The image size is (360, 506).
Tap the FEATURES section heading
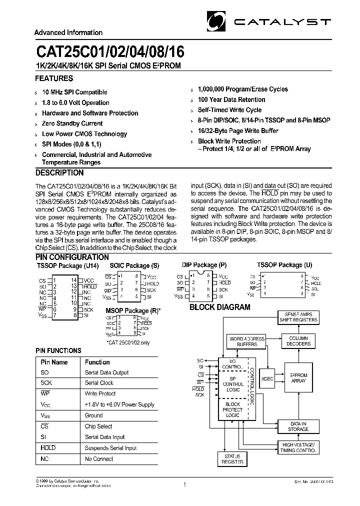pos(54,78)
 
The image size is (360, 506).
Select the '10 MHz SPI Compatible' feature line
pos(74,92)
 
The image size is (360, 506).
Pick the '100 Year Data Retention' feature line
pos(231,99)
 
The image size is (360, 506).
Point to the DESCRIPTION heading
pos(59,173)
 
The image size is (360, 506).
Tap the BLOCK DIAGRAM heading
pos(219,307)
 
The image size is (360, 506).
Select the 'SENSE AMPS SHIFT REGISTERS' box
pos(298,317)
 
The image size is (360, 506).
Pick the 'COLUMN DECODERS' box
pos(299,341)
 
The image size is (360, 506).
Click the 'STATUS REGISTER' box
pos(232,459)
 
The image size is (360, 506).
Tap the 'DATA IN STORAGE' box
pos(298,426)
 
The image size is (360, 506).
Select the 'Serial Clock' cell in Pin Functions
pos(99,383)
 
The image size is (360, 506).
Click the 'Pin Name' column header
pos(54,362)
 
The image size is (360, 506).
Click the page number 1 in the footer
pos(184,484)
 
